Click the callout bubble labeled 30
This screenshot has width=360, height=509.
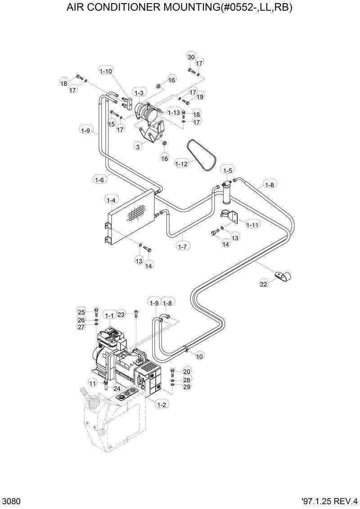tap(191, 57)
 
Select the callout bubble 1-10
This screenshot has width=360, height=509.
tap(106, 71)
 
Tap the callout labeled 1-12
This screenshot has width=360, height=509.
tap(181, 164)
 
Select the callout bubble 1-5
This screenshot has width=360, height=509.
tap(228, 170)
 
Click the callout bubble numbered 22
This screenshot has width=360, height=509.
tap(264, 283)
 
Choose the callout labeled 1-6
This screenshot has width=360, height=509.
tap(99, 179)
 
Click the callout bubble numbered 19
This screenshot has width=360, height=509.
tap(200, 97)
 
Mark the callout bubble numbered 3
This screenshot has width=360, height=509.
tap(138, 146)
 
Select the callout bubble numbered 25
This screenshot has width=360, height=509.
tap(81, 312)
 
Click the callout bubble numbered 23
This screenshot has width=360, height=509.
tap(121, 314)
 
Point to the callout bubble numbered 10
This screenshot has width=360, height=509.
tap(199, 356)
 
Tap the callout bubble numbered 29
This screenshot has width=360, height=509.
tap(187, 387)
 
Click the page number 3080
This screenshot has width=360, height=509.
tap(10, 501)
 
